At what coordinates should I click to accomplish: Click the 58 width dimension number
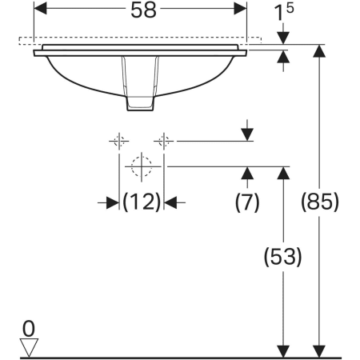coord(143,10)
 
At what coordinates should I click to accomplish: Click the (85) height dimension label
coord(320,202)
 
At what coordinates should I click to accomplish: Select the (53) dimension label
coord(282,257)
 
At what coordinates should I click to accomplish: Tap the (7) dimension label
coord(247,202)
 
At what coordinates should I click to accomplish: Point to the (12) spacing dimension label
coord(142,202)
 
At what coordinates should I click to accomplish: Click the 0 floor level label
coord(29,329)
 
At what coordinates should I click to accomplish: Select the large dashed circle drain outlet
coord(142,166)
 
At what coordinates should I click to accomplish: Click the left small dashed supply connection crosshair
coord(119,141)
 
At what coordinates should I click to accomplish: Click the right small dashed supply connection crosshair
coord(164,141)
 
